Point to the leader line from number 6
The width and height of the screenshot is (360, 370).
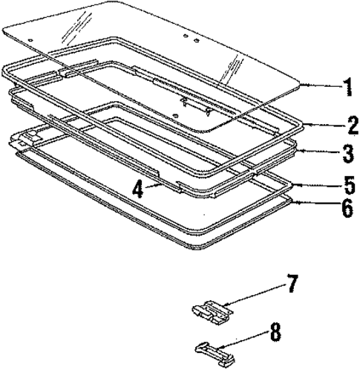point(312,204)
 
